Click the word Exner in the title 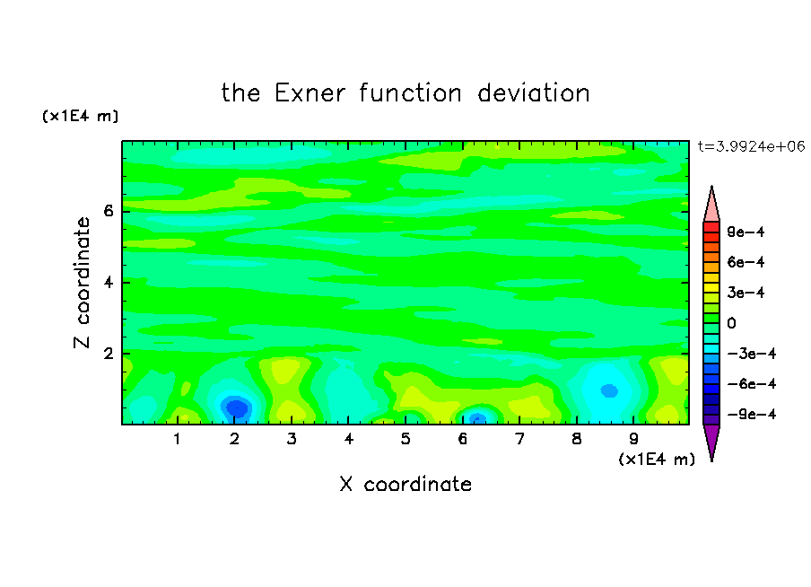[x=310, y=93]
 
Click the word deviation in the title [x=533, y=93]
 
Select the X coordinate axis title [x=405, y=484]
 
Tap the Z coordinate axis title [x=83, y=282]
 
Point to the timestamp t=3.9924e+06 [x=752, y=146]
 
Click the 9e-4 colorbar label [x=746, y=232]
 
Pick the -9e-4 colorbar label [x=752, y=414]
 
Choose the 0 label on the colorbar [x=731, y=323]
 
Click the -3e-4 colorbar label [x=752, y=354]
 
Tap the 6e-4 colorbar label [x=746, y=262]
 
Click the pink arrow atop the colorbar [x=711, y=204]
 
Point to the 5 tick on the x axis [x=405, y=439]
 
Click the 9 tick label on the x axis [x=633, y=439]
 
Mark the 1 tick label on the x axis [x=178, y=439]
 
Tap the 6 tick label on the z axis [x=108, y=211]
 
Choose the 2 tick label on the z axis [x=108, y=354]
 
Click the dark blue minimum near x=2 [x=236, y=407]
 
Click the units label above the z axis [x=80, y=116]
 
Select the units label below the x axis [x=657, y=459]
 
